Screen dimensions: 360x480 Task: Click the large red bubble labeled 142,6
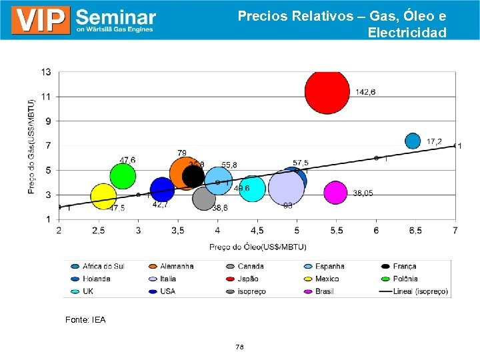click(327, 91)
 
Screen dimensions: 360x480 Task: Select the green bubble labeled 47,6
click(123, 176)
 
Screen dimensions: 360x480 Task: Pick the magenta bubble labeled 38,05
click(335, 193)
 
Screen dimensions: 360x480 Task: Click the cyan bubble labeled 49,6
click(252, 189)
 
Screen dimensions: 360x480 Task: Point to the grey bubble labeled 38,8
click(204, 198)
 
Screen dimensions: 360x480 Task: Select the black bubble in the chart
click(193, 176)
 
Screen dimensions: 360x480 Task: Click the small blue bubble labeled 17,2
click(413, 141)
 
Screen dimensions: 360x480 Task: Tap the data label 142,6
click(365, 92)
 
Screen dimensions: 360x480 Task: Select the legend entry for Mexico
click(327, 279)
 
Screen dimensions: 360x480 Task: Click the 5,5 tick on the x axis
click(336, 231)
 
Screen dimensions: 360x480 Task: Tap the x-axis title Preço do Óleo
click(257, 247)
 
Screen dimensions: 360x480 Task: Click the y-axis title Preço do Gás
click(31, 147)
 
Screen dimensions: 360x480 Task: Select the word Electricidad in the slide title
click(407, 32)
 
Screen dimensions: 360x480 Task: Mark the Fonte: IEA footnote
click(85, 320)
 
